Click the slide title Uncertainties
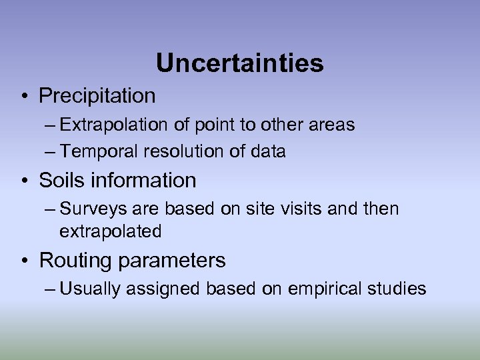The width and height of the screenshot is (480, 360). tap(239, 63)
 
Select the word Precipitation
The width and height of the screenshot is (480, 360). tap(97, 96)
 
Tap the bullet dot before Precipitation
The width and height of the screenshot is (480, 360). tap(23, 97)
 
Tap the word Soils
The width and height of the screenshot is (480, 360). tap(62, 181)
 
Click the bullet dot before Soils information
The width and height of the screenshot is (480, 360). tap(23, 181)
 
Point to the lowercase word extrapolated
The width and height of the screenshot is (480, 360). tap(111, 232)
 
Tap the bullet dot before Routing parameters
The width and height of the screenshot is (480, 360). tap(23, 261)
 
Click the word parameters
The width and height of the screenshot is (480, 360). tap(172, 261)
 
